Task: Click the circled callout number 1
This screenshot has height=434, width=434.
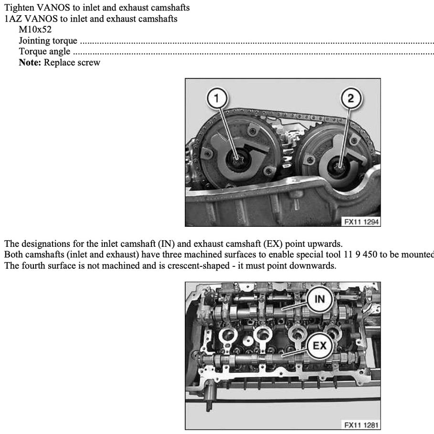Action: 216,99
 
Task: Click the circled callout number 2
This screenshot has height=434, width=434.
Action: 351,99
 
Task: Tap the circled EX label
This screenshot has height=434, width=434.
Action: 319,345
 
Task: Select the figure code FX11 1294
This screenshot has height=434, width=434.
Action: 361,222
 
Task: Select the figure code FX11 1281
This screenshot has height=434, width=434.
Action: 361,425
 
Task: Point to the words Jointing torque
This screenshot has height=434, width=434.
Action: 48,41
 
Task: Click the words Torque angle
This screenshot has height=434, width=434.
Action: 44,52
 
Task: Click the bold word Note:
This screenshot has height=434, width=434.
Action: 30,62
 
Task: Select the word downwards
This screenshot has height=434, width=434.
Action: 317,265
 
